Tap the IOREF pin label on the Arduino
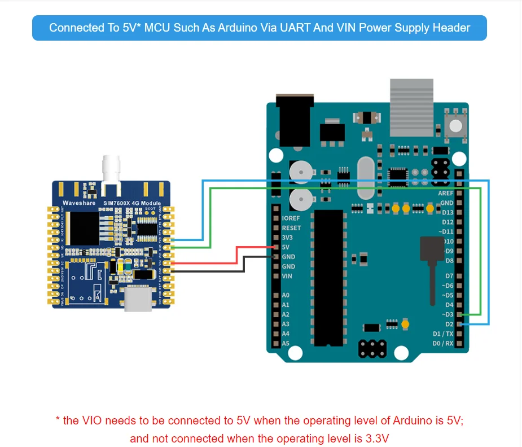(x=291, y=218)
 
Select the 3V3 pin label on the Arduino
(x=288, y=238)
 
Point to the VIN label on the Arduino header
(x=287, y=276)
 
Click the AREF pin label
(x=446, y=193)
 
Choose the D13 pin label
(x=448, y=212)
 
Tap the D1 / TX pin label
(x=443, y=334)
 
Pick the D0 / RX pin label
(x=443, y=343)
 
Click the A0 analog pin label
(x=286, y=295)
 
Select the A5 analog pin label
(x=286, y=343)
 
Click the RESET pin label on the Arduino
(x=291, y=228)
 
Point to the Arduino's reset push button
(x=455, y=125)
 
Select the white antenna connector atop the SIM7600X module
(x=109, y=169)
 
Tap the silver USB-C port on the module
(x=139, y=299)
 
